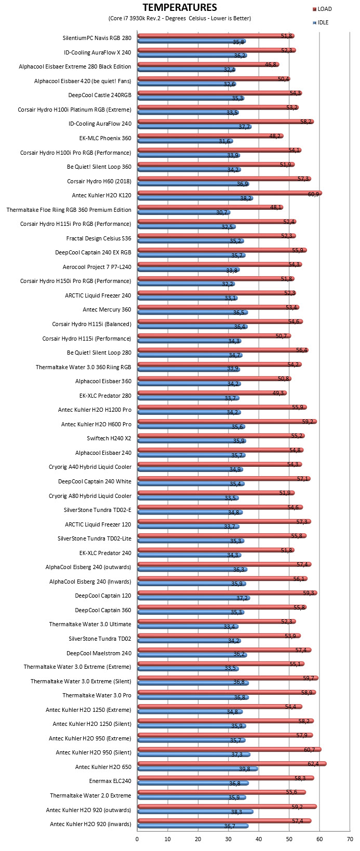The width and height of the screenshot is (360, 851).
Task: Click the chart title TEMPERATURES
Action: pos(180,7)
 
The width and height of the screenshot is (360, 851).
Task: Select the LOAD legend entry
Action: pos(322,9)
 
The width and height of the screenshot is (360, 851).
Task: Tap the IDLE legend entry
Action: pos(321,22)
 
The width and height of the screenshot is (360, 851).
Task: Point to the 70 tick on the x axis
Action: pos(350,839)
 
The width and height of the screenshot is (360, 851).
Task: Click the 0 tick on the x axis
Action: pos(137,839)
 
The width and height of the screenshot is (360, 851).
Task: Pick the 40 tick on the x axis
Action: pos(259,839)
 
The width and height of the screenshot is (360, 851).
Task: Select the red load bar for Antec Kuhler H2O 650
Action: pos(232,764)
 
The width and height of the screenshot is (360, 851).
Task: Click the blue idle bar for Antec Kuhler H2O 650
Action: pos(198,769)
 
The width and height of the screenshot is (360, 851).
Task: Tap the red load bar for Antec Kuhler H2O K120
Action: pos(230,193)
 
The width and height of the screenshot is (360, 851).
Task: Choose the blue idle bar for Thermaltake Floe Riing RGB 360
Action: pos(184,212)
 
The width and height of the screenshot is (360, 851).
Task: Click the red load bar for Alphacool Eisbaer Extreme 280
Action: pos(208,64)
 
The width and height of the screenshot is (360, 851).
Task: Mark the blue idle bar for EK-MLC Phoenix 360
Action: pos(185,141)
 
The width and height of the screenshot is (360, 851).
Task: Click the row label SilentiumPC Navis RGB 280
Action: pos(97,38)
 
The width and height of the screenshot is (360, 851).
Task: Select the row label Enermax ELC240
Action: pos(110,781)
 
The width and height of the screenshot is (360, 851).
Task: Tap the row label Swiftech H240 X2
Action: pos(109,438)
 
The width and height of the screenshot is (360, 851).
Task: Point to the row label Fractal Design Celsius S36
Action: pos(99,238)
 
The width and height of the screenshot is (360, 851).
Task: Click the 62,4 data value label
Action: pos(313,764)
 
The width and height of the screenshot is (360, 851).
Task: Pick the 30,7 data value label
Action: pos(222,212)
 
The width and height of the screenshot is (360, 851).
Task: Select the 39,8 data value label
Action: pos(245,769)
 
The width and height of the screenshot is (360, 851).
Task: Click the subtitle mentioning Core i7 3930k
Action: pos(180,18)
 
